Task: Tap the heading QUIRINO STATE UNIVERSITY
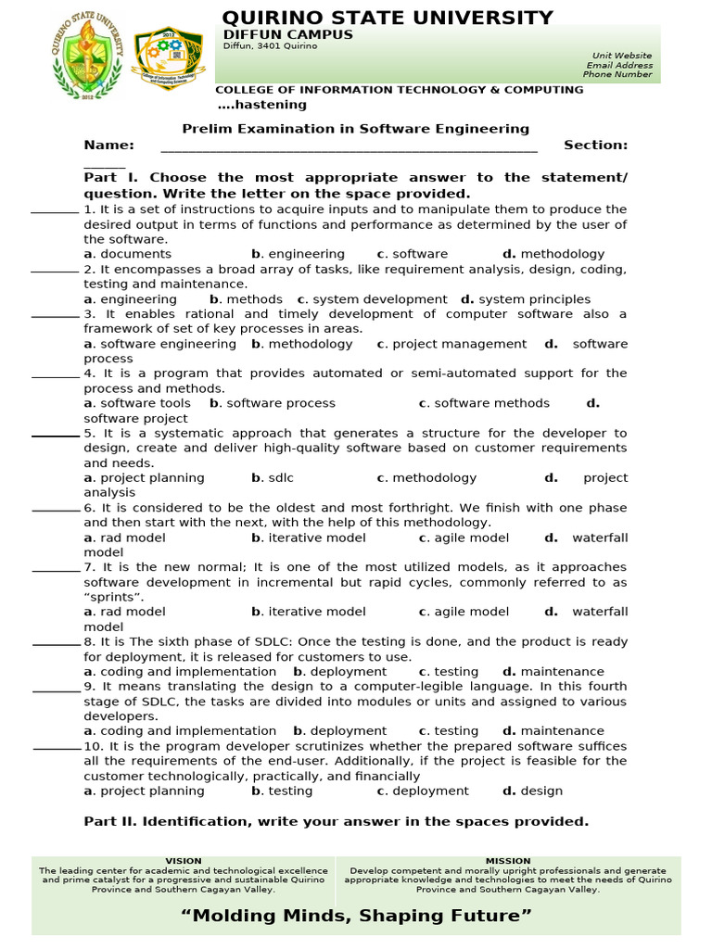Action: click(x=388, y=18)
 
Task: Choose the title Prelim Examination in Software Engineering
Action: click(x=355, y=129)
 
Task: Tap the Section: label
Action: click(x=595, y=145)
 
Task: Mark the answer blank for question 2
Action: click(x=55, y=271)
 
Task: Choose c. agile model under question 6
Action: click(x=464, y=538)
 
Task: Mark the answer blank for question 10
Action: click(x=57, y=748)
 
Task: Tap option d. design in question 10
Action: click(x=533, y=791)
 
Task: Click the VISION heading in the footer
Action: click(x=183, y=861)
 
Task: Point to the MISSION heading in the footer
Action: click(x=508, y=861)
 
